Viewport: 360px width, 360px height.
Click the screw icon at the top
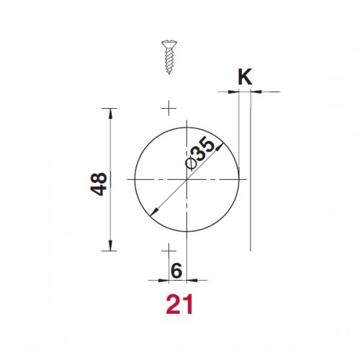(169, 57)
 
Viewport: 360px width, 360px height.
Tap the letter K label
(245, 77)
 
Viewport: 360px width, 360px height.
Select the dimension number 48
(99, 184)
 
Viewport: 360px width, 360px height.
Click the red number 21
(179, 304)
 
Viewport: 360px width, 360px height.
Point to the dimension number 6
(176, 271)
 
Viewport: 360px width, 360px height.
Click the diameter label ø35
(200, 153)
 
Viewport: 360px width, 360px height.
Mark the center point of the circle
(186, 179)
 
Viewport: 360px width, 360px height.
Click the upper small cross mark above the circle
(169, 108)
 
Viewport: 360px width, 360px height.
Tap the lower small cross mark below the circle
(169, 251)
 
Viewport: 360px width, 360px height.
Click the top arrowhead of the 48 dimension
(110, 113)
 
